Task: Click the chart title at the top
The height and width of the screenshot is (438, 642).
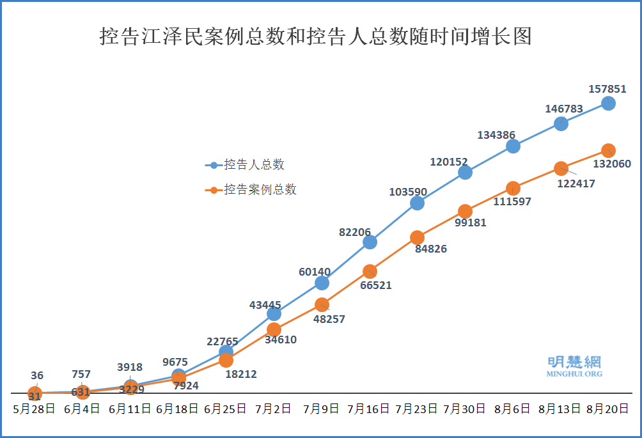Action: (x=316, y=36)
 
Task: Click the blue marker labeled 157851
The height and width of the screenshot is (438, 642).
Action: (x=609, y=103)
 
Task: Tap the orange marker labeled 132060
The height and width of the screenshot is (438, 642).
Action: (x=609, y=150)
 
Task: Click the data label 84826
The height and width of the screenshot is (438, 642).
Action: (x=431, y=249)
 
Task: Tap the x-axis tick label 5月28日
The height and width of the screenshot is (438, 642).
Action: (x=35, y=409)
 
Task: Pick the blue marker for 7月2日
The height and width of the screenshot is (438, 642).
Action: (x=274, y=313)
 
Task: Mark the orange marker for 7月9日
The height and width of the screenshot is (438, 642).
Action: (x=322, y=304)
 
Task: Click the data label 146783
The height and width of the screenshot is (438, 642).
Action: (x=564, y=109)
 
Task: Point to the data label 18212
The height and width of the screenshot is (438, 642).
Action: (x=241, y=374)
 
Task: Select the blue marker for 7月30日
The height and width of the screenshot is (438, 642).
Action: (x=465, y=172)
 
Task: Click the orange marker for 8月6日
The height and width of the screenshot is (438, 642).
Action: (x=513, y=188)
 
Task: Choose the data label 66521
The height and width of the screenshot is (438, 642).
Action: (x=376, y=285)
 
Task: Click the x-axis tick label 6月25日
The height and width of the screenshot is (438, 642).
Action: (x=225, y=409)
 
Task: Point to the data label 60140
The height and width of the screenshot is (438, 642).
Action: (x=315, y=272)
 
